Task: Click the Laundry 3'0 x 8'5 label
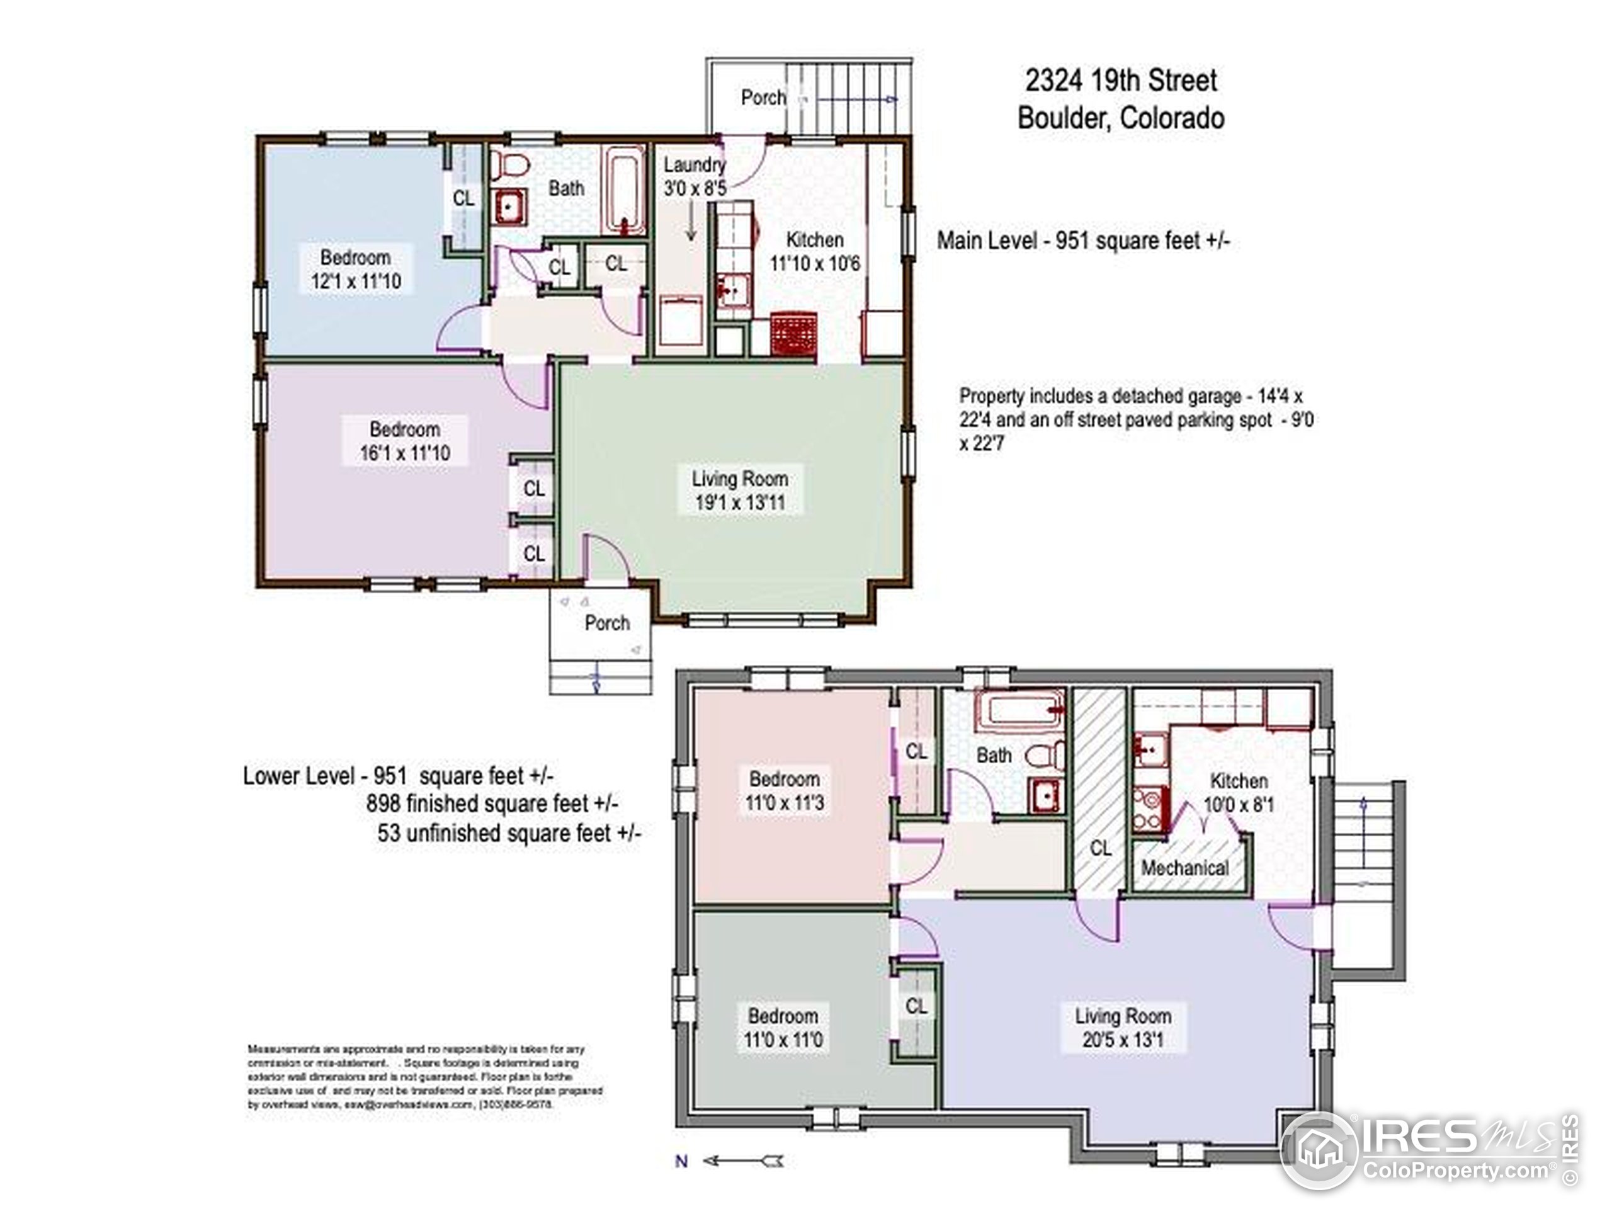point(694,177)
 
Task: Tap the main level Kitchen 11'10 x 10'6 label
point(815,251)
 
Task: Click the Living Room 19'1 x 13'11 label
point(740,491)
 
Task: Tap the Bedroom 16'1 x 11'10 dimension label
point(404,441)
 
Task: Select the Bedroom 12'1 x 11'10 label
point(356,269)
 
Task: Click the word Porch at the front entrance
point(607,623)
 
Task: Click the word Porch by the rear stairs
point(763,97)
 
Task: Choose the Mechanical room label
point(1184,868)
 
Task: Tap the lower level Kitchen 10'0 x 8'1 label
point(1238,793)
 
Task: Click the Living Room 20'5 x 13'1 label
point(1122,1028)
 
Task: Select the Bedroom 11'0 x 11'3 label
point(784,791)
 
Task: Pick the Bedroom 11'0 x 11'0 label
point(783,1028)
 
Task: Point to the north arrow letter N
point(681,1161)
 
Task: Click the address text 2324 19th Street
point(1121,80)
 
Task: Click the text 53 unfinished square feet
point(509,833)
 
